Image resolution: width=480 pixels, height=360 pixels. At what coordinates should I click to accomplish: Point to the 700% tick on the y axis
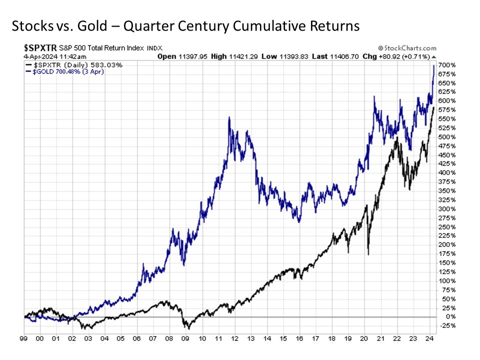click(446, 65)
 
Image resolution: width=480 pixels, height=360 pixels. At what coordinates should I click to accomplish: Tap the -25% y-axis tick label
click(446, 326)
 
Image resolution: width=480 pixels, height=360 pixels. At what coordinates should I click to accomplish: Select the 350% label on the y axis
click(446, 191)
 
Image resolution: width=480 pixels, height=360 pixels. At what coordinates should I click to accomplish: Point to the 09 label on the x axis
click(186, 338)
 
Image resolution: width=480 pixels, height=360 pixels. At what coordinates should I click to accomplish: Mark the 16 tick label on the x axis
click(299, 338)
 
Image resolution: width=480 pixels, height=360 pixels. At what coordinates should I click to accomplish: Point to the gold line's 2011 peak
click(229, 117)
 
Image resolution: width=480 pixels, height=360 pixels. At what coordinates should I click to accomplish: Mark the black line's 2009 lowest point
click(188, 329)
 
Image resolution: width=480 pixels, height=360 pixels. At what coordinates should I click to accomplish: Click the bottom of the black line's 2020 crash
click(368, 255)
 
